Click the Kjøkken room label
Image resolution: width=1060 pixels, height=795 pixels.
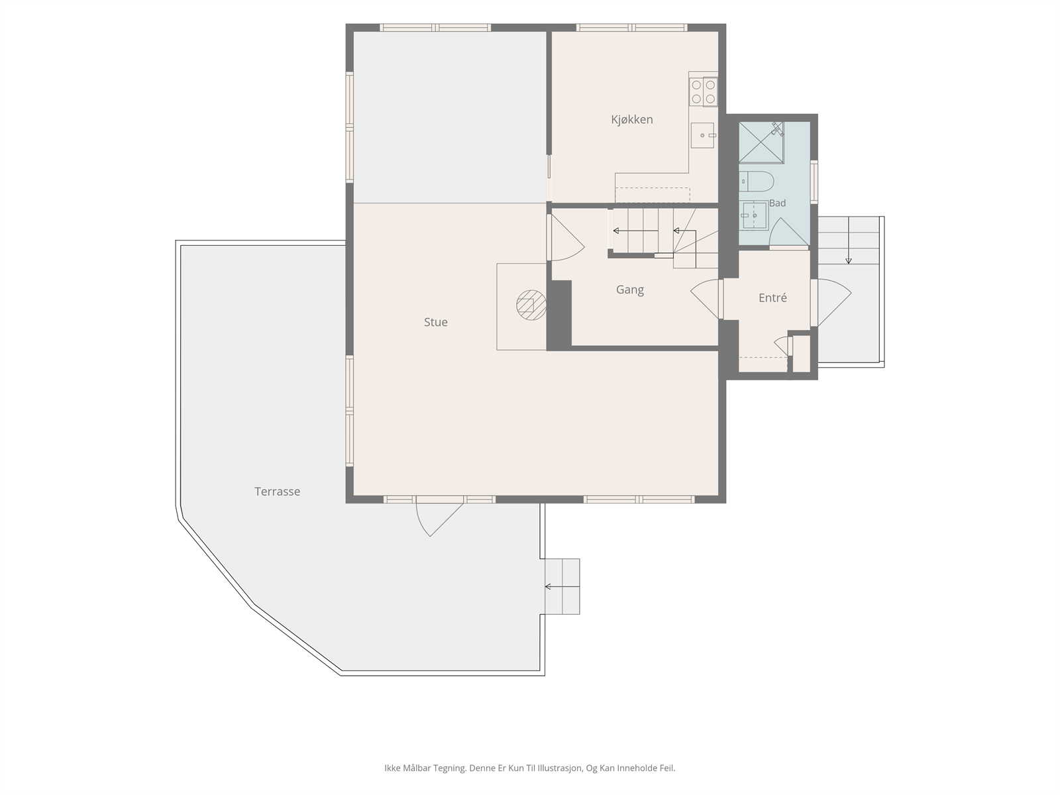pos(631,120)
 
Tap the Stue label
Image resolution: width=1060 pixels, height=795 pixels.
pos(435,322)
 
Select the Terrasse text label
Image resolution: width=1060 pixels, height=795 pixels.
pos(277,492)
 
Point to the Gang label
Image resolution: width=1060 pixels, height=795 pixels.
pos(630,290)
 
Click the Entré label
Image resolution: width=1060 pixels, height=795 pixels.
pos(772,298)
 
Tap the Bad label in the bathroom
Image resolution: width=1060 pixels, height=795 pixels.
pos(778,203)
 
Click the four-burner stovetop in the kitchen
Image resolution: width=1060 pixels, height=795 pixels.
pos(703,91)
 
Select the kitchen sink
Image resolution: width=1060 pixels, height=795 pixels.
pos(702,135)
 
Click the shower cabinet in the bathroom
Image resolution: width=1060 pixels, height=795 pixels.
pos(761,143)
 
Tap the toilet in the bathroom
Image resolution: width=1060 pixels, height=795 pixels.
pos(757,182)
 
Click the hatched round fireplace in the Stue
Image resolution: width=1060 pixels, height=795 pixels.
pos(531,305)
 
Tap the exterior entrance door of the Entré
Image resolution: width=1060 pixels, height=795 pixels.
pos(831,302)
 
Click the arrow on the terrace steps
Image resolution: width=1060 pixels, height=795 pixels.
pos(562,586)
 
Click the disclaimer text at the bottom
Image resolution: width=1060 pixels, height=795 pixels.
pos(530,767)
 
